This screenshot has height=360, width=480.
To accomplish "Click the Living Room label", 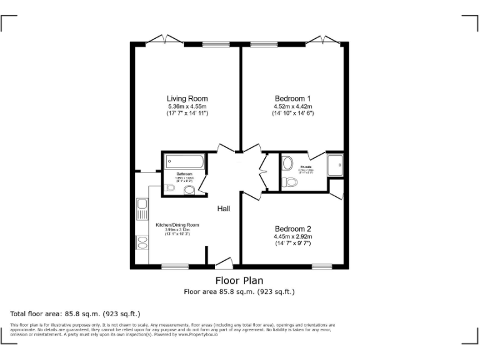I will [x=187, y=99].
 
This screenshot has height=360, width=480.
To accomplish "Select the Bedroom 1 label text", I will [x=292, y=99].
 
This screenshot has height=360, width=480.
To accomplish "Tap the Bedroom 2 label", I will [x=292, y=229].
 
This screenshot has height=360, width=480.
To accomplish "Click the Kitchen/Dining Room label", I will [x=177, y=225].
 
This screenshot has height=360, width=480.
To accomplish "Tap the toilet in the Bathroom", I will [x=169, y=187].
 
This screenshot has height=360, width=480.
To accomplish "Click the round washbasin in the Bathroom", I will [x=189, y=189].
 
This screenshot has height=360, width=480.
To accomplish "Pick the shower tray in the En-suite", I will [x=336, y=164].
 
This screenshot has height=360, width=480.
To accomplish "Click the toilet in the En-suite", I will [x=289, y=182].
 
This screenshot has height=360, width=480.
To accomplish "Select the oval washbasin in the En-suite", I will [x=287, y=164].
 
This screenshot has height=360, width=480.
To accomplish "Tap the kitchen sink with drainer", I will [x=142, y=208].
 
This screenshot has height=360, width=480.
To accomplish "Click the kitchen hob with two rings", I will [x=142, y=241].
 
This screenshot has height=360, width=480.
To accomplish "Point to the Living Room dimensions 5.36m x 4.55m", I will [x=187, y=107].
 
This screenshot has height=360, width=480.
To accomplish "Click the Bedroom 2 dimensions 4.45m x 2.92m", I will [x=292, y=237].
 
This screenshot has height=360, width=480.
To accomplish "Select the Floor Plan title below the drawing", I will [x=239, y=281].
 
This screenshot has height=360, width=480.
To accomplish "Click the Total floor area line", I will [x=76, y=313].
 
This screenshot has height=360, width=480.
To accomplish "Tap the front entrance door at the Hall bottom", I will [x=224, y=263].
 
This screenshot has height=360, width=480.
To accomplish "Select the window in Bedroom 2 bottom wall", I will [x=322, y=267].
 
